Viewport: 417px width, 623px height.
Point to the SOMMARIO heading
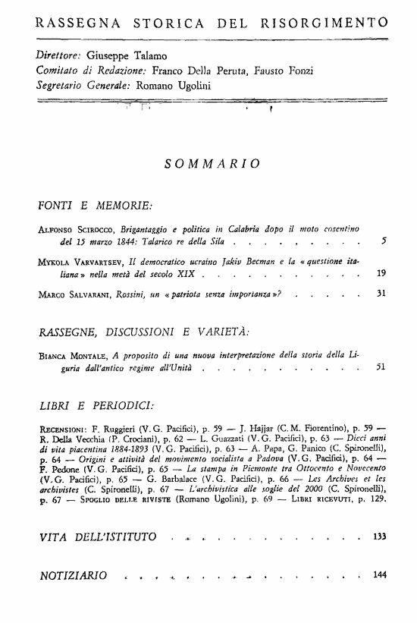(212, 163)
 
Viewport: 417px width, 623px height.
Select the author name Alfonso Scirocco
(71, 228)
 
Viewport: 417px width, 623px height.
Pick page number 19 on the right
(381, 273)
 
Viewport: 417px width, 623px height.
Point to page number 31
(381, 294)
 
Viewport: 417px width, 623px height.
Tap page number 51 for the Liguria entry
(381, 367)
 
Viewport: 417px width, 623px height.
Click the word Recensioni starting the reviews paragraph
(64, 428)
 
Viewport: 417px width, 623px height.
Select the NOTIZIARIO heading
(73, 575)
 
